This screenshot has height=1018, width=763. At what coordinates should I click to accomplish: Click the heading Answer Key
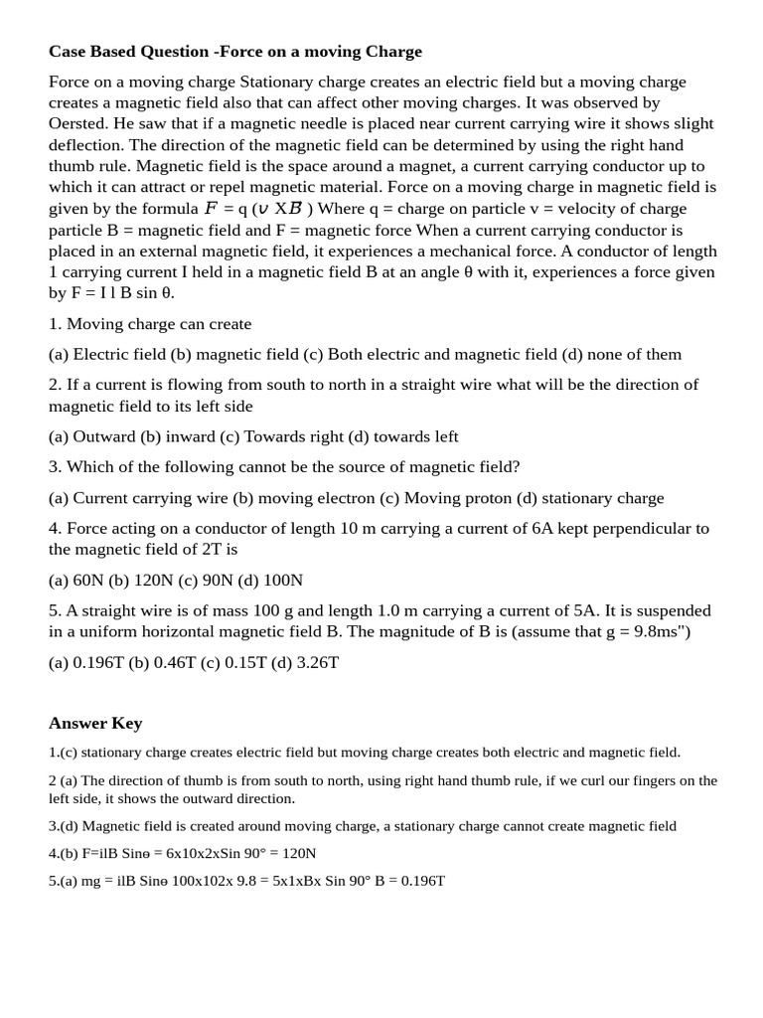tap(95, 723)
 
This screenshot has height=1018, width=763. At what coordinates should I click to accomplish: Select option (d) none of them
tap(622, 354)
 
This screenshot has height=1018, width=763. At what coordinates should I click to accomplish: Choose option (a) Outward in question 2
tap(92, 436)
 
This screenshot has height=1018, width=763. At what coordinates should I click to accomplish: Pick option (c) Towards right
tap(283, 436)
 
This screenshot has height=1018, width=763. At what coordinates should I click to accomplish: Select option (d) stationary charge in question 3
tap(589, 497)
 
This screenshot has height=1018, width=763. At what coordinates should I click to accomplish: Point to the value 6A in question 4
tap(542, 528)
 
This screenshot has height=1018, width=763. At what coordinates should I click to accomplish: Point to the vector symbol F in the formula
tap(211, 208)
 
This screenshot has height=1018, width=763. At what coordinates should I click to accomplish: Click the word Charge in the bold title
tap(395, 52)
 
